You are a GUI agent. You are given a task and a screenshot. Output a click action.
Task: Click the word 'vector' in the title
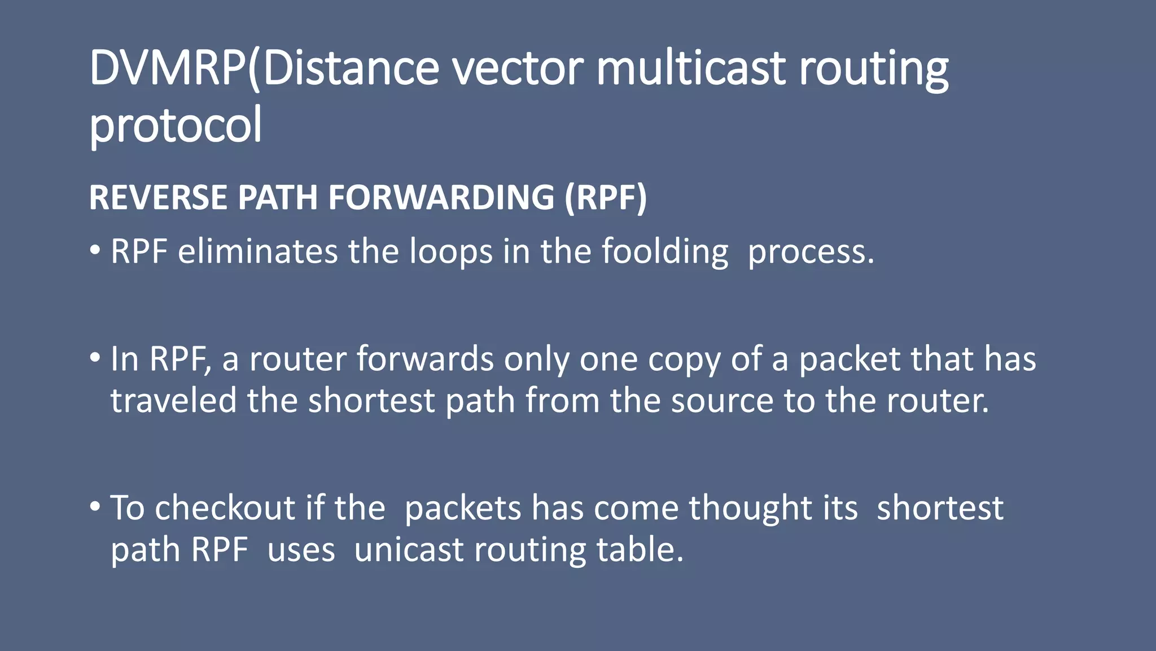click(x=518, y=69)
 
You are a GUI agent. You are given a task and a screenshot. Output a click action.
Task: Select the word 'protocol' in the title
click(x=176, y=126)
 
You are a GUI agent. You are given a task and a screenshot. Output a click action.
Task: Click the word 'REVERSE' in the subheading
click(x=157, y=197)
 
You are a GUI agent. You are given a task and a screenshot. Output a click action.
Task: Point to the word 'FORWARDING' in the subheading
click(x=441, y=197)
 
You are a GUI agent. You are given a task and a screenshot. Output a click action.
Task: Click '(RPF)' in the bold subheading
click(x=606, y=197)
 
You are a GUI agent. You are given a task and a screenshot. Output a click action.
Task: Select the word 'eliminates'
click(x=258, y=251)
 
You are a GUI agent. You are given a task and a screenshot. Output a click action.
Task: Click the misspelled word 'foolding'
click(x=664, y=253)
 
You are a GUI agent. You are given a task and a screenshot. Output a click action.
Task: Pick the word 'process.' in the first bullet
click(x=811, y=253)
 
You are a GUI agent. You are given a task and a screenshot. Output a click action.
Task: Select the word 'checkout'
click(x=225, y=508)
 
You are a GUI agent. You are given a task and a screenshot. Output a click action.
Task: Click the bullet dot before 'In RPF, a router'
click(x=95, y=358)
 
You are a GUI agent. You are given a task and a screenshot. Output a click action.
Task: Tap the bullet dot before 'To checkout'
click(x=95, y=506)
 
